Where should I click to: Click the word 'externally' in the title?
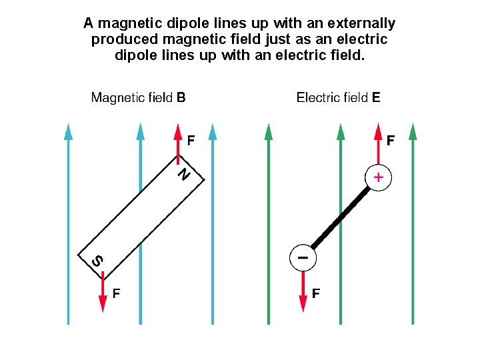[362, 23]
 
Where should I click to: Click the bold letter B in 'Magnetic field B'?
[181, 97]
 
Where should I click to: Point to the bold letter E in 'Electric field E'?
[376, 97]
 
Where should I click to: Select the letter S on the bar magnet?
[97, 261]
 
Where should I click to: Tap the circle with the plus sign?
[378, 178]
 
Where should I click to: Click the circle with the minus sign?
[303, 257]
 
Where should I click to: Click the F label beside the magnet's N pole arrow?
[191, 141]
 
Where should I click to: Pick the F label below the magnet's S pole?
[116, 292]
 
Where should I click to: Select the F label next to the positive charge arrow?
[390, 141]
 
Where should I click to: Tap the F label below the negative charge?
[316, 293]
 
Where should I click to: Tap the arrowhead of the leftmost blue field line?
[68, 131]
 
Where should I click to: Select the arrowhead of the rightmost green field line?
[412, 131]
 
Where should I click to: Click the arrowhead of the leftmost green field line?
[268, 131]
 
